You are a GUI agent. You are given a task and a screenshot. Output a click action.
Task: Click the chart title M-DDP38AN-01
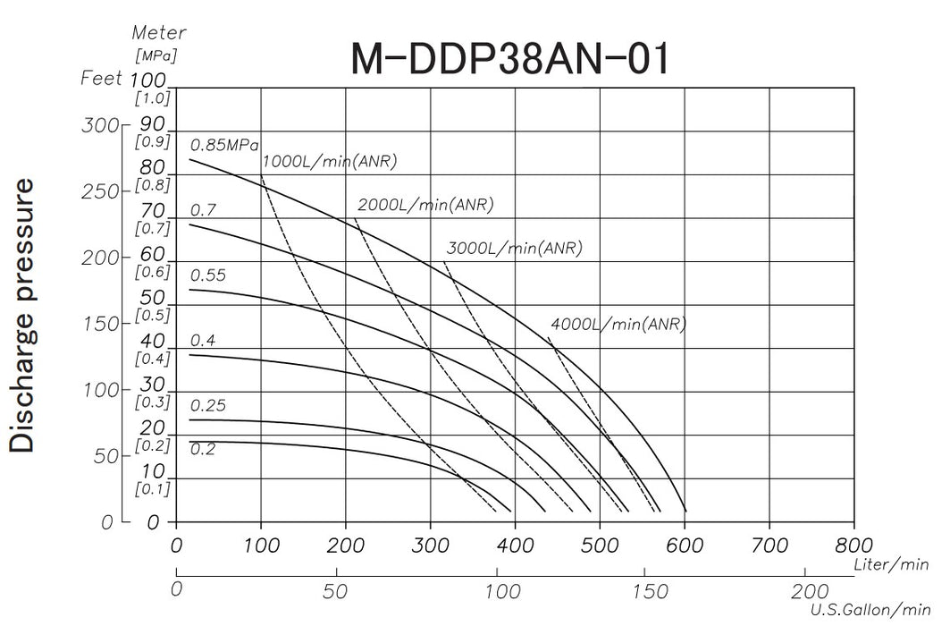(x=509, y=60)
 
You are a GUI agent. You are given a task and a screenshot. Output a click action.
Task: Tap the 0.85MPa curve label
(x=225, y=145)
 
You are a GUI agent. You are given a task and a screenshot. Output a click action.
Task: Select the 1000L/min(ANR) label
(x=329, y=162)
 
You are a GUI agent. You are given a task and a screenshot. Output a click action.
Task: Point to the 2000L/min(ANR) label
(x=425, y=205)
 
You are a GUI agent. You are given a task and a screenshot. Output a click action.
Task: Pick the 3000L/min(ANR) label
(x=513, y=249)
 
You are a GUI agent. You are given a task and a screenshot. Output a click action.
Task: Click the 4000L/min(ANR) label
(x=618, y=325)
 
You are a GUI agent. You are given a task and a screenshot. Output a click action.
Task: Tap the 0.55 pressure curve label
(x=207, y=275)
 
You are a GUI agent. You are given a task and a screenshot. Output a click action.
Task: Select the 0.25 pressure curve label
(x=207, y=406)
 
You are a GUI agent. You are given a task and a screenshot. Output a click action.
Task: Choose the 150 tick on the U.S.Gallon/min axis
(x=656, y=591)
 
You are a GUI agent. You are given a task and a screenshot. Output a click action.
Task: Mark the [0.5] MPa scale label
(x=151, y=315)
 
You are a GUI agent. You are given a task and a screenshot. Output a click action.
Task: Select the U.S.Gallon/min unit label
(x=865, y=610)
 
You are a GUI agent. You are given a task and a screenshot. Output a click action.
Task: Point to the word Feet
(x=100, y=78)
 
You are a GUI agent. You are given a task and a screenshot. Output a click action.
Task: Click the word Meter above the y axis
(x=159, y=33)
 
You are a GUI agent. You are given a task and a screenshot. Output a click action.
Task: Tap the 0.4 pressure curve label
(x=203, y=341)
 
